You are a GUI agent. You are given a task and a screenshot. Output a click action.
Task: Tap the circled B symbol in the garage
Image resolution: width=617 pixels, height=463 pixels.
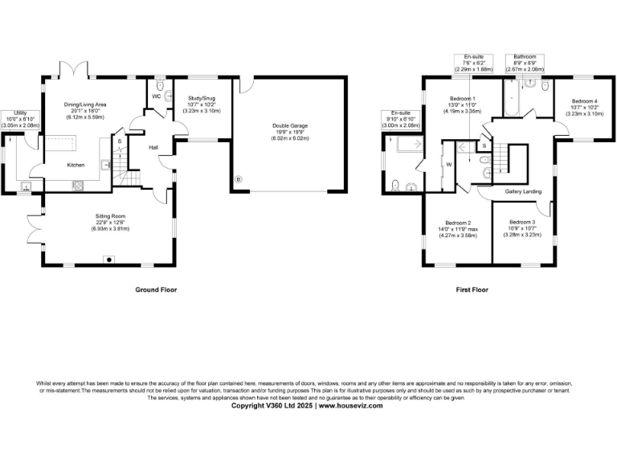pos(237,178)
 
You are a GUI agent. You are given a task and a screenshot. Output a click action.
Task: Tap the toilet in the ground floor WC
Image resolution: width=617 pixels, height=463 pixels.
pos(161,85)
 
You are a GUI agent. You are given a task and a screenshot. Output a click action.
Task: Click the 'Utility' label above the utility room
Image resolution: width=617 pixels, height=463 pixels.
pos(12,113)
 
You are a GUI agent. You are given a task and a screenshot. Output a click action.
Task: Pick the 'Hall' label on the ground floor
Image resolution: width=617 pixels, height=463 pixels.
pos(153,147)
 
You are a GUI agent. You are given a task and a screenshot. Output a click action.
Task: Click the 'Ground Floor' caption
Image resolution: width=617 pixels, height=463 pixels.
pos(156,289)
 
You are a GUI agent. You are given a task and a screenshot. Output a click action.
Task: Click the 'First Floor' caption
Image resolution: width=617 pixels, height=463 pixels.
pos(467,289)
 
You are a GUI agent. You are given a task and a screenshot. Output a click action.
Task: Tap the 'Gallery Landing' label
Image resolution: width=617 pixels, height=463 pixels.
pos(522,191)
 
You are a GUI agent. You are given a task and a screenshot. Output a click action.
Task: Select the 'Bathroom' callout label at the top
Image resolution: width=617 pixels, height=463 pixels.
pos(525,57)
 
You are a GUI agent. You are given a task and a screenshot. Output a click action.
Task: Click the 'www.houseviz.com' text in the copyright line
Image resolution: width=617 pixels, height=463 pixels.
pos(352,406)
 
